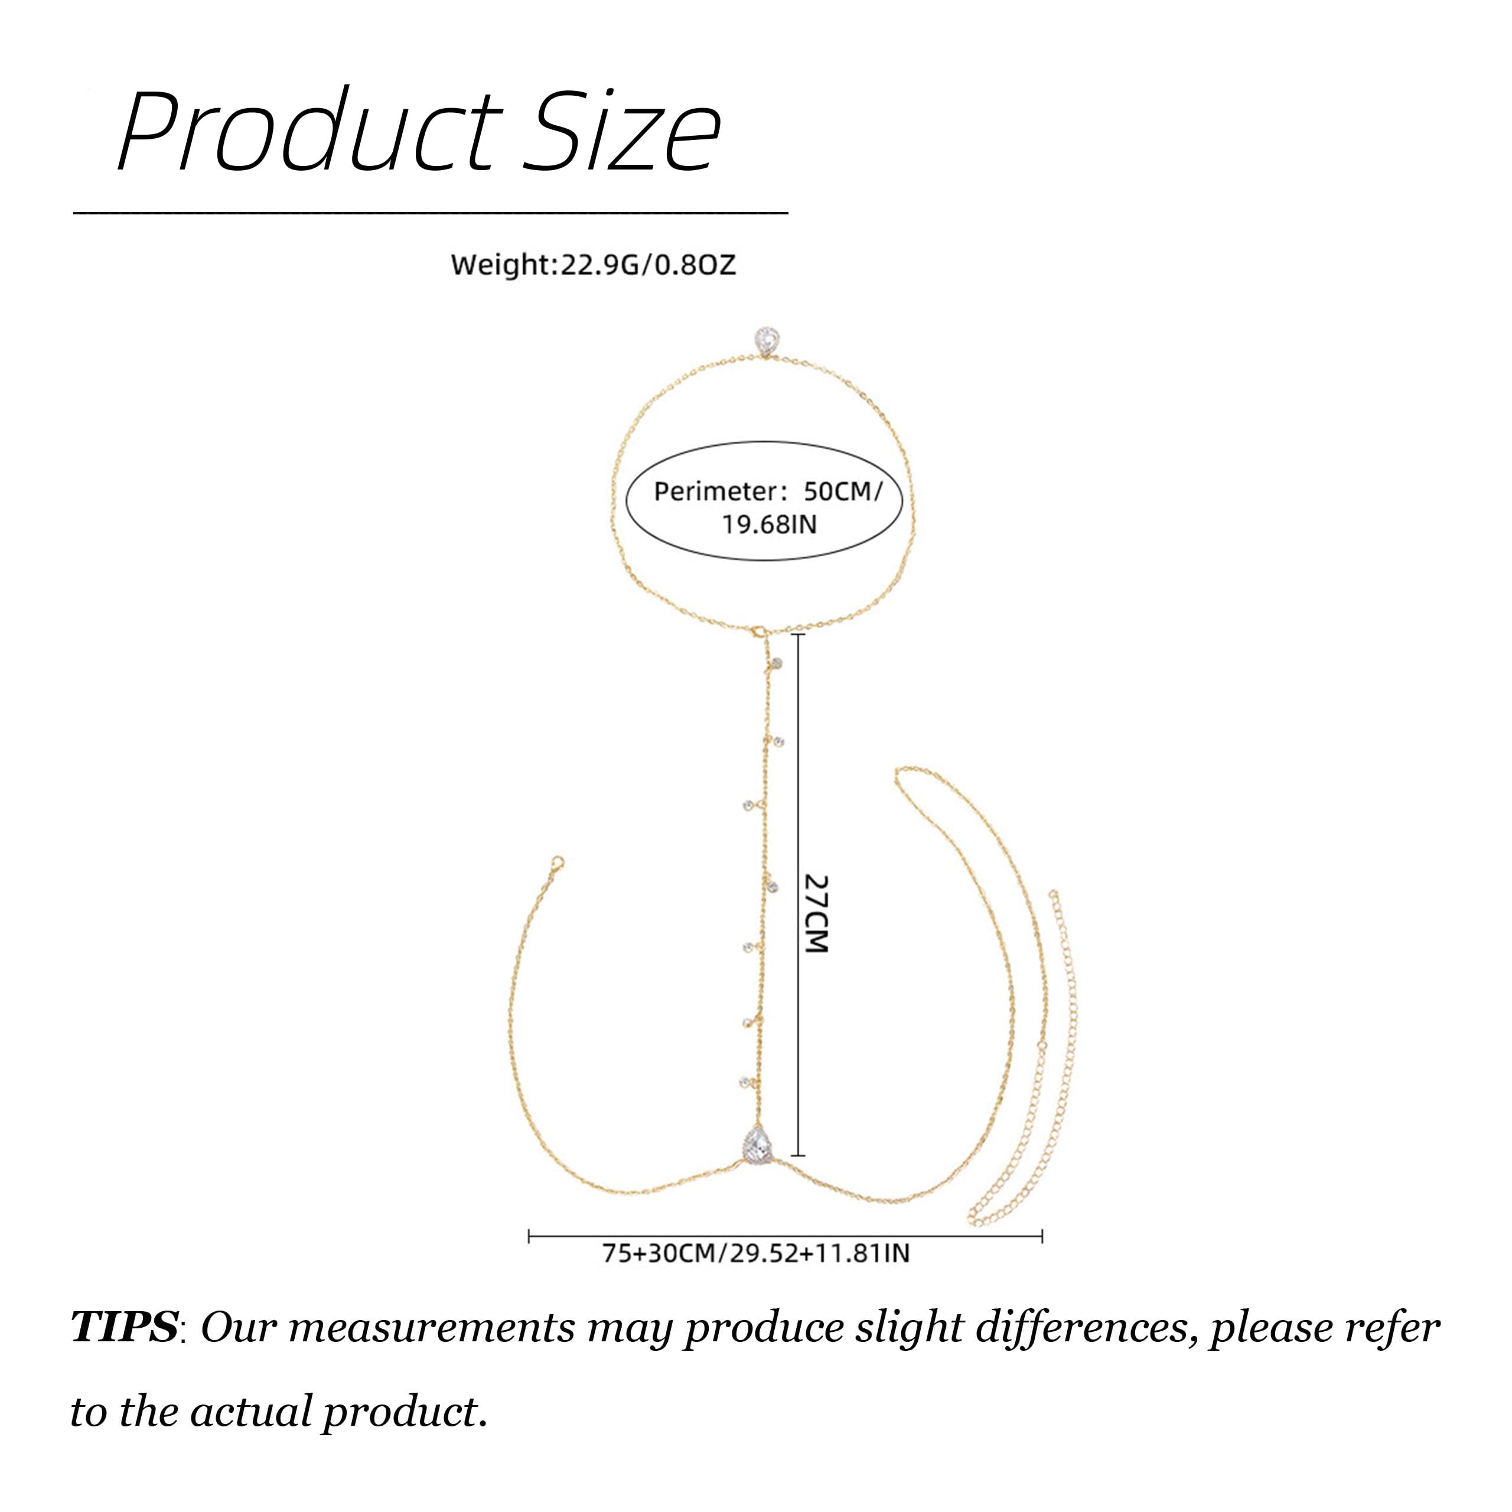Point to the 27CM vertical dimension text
[x=816, y=913]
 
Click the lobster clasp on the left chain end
[x=556, y=864]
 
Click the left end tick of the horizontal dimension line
[x=530, y=1237]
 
